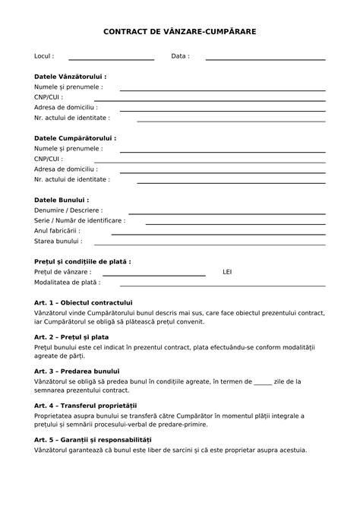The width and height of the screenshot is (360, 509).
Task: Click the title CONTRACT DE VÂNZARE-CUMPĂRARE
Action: [180, 33]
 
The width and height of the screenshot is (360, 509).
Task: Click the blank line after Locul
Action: [111, 58]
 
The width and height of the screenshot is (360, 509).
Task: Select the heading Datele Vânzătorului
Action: [71, 77]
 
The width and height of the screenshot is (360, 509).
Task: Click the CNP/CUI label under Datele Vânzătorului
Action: [49, 97]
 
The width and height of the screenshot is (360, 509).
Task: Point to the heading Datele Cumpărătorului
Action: [75, 138]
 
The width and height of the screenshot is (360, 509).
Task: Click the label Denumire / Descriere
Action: [68, 210]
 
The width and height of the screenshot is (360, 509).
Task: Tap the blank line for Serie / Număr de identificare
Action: [235, 223]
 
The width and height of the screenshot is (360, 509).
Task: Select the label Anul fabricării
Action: [57, 230]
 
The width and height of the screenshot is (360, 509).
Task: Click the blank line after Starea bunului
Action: [209, 244]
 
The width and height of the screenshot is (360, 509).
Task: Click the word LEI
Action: [227, 271]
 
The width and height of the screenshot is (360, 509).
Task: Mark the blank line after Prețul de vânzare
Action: [154, 274]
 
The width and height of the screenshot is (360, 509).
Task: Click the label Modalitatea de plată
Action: [67, 282]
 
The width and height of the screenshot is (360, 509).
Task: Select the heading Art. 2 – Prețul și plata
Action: [71, 336]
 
